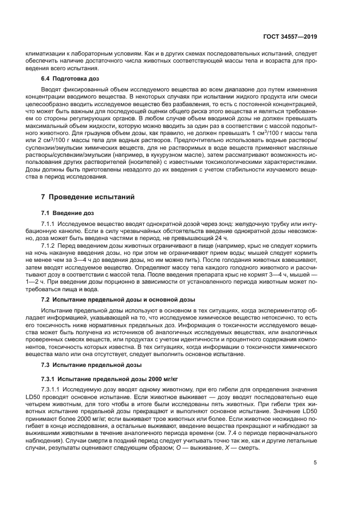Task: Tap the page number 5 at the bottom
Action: click(x=316, y=463)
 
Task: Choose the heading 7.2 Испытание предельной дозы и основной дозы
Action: click(x=115, y=298)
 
